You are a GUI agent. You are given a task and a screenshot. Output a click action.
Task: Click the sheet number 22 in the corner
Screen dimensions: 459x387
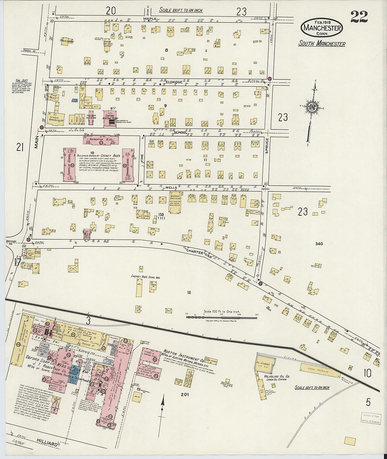pos(359,17)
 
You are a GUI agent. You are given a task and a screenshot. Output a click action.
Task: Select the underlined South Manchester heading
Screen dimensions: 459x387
pos(322,44)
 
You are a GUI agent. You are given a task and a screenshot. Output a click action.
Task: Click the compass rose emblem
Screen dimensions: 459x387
pos(312,107)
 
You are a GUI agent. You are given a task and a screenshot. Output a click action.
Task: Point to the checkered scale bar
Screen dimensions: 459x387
pos(221,317)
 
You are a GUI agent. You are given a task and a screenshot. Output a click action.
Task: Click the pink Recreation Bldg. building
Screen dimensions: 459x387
pos(101,140)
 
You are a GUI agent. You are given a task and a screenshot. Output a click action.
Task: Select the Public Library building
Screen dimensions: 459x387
pos(65,42)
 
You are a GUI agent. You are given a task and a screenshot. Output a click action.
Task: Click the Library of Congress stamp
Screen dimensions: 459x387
pos(370,417)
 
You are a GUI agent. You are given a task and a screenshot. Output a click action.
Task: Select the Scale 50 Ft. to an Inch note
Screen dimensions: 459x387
pos(312,388)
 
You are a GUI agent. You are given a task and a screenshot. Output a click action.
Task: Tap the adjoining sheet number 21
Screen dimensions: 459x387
pos(20,147)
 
